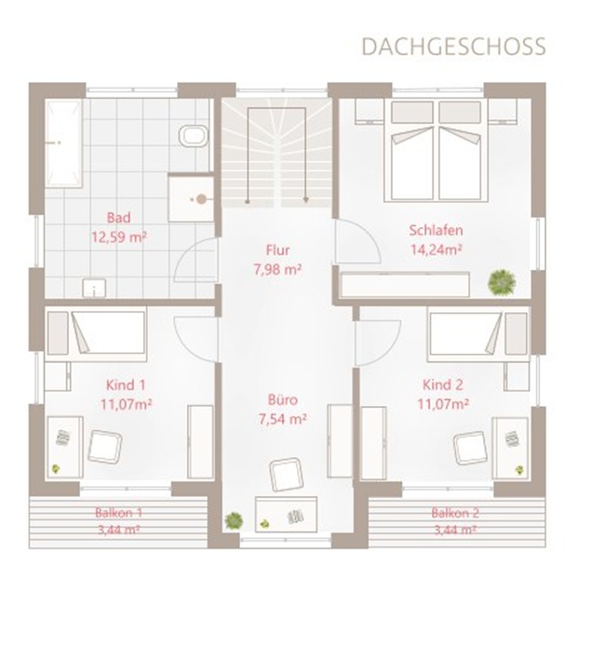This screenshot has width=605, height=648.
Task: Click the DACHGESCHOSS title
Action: [454, 47]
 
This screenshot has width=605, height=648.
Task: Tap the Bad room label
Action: [118, 218]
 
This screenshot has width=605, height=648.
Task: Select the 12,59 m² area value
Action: [119, 237]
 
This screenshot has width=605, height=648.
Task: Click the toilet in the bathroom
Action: [194, 135]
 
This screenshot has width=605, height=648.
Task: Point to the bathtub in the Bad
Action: [62, 143]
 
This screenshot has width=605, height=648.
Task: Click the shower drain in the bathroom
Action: [201, 199]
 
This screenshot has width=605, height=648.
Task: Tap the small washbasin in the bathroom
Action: [94, 288]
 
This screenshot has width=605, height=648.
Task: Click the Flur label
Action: [277, 250]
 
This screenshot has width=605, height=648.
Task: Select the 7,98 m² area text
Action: [277, 269]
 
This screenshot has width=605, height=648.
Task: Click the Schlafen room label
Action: [436, 230]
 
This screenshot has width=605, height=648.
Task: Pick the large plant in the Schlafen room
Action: [502, 281]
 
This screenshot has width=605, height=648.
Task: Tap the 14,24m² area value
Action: [436, 250]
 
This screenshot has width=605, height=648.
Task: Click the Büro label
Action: [283, 399]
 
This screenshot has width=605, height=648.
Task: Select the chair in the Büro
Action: [287, 475]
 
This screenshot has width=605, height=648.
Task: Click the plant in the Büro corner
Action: [234, 520]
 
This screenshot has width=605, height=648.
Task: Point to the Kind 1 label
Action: [126, 385]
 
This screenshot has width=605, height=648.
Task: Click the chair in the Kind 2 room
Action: [470, 448]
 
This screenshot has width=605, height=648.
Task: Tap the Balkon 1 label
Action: [118, 513]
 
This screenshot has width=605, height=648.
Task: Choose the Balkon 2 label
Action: [455, 513]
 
